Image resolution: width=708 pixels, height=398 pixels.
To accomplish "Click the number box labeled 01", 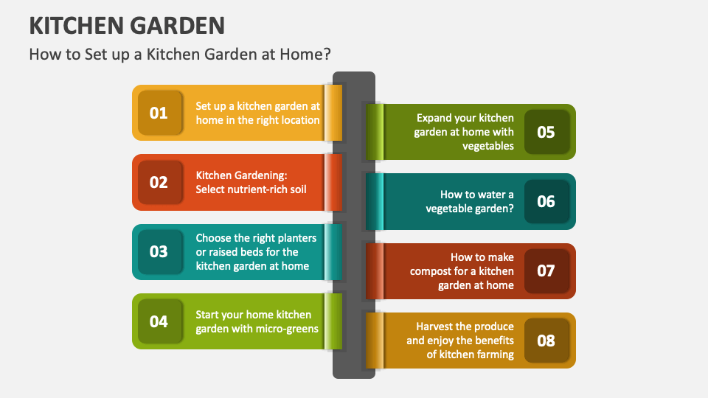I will pos(159,113).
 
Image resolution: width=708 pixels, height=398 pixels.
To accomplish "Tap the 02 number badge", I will pos(159,182).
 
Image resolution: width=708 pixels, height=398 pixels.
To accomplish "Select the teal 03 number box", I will pos(159,251).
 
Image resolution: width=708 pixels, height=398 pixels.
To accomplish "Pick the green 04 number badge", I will pos(159,321).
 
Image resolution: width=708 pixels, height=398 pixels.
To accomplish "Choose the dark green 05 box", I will pos(546,132).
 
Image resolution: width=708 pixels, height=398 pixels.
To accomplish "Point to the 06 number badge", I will pos(546,201).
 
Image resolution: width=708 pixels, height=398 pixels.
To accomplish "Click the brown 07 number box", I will pos(546,270).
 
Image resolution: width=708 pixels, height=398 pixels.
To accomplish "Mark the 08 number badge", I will pos(546,341).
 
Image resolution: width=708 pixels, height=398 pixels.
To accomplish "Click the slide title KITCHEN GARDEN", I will pos(127,26).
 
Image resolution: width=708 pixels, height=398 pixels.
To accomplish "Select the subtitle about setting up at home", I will pos(180,55).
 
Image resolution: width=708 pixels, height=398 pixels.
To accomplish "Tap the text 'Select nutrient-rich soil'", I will pos(251,189).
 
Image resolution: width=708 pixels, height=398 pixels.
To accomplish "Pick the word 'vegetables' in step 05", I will pos(488,146).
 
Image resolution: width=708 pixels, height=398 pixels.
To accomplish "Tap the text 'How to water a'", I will pos(476,195).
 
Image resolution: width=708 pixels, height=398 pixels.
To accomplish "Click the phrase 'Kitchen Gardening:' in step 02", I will pos(240,175).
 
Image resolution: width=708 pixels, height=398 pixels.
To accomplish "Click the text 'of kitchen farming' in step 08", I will pos(470,355).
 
